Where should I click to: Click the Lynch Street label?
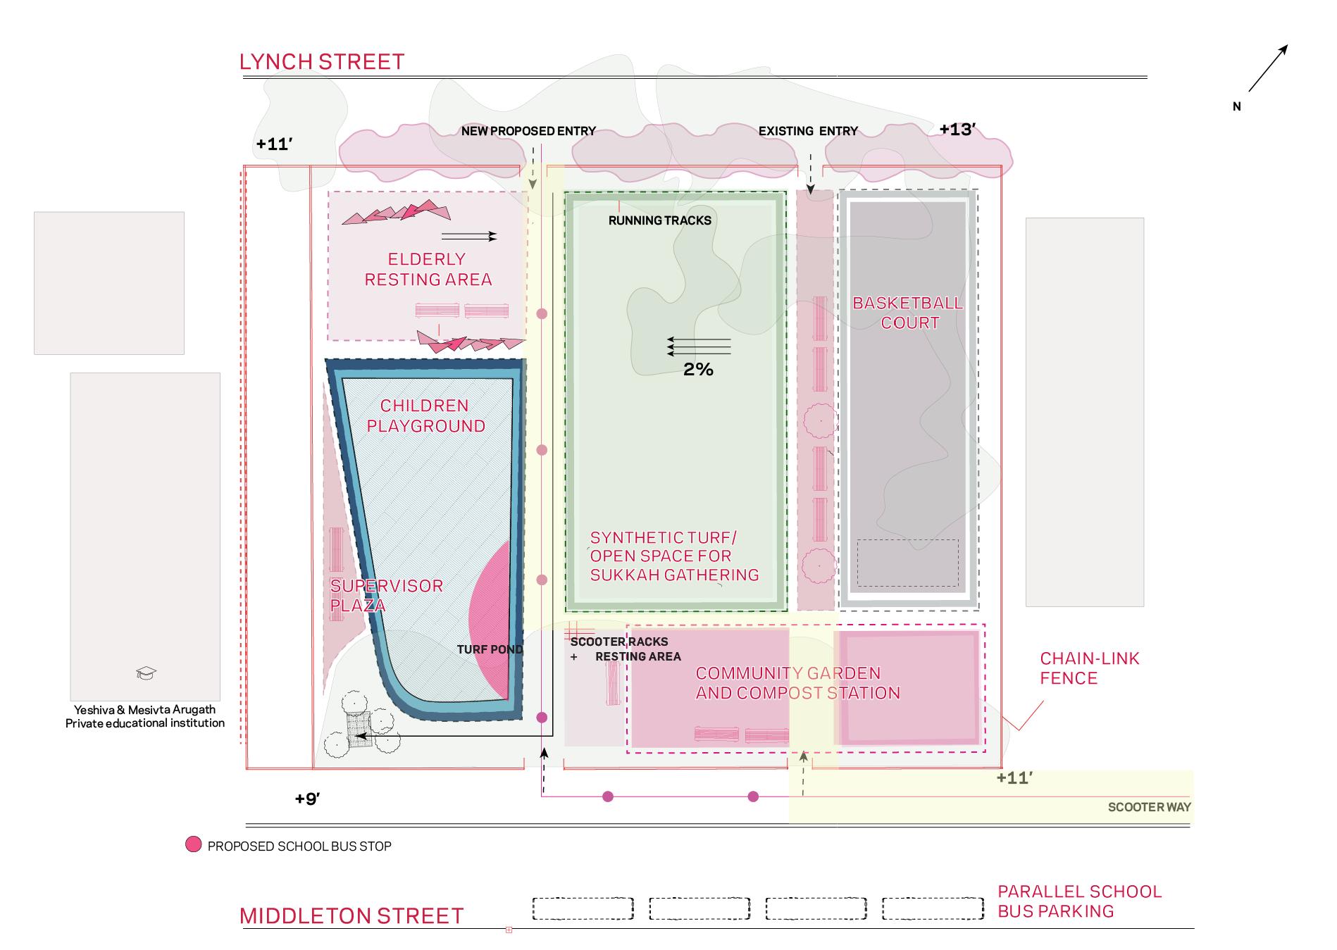point(322,62)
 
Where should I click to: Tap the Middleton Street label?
point(352,915)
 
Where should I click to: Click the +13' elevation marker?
point(957,130)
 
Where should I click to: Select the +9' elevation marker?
point(308,799)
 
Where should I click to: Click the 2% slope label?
point(698,370)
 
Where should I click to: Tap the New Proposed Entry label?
point(528,131)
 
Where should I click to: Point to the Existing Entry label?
point(808,131)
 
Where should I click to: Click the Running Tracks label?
point(660,220)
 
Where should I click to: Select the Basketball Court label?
point(908,313)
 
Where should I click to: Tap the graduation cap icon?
point(146,673)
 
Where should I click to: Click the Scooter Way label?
point(1149,807)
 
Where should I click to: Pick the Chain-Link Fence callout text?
point(1089,668)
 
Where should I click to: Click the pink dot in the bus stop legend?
point(193,845)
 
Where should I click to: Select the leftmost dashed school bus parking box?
point(583,908)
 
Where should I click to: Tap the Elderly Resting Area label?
point(428,269)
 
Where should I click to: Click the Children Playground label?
point(425,415)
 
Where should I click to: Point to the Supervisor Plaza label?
point(386,595)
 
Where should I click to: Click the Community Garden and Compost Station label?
point(797,683)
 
